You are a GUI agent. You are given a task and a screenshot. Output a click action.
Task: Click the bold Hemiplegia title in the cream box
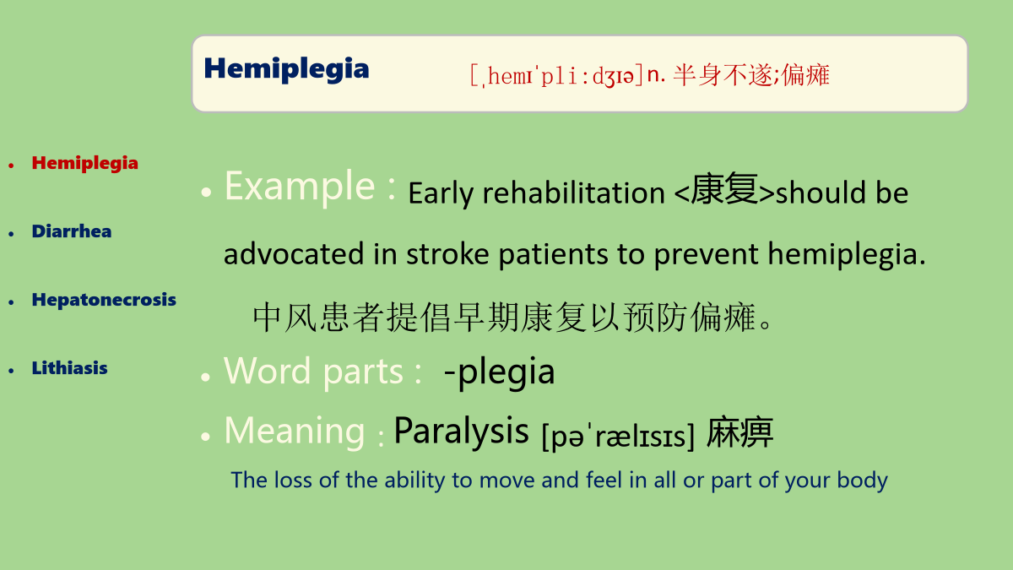pos(286,69)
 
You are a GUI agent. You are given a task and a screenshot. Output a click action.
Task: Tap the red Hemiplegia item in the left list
pos(84,164)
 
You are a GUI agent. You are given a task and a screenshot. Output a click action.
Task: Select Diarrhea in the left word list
pos(72,231)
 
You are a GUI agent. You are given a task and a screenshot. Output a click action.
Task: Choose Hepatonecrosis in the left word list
pos(104,300)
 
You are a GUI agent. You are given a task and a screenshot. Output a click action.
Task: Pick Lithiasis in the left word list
pos(69,368)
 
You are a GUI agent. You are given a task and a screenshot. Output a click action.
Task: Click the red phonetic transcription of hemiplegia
pos(556,75)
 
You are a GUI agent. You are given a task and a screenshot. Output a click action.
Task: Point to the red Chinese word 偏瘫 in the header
pos(805,74)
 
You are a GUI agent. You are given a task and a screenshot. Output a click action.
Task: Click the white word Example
pos(300,187)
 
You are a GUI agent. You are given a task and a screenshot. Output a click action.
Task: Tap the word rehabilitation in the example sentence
pos(573,193)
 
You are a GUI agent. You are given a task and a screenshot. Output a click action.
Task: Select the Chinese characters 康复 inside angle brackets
pos(724,189)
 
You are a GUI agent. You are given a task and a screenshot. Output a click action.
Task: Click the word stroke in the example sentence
pos(447,254)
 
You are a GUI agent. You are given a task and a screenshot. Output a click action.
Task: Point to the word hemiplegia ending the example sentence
pos(842,255)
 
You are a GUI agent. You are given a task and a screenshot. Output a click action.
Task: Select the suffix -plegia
pos(499,372)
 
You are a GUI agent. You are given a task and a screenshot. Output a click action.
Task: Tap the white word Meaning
pos(295,432)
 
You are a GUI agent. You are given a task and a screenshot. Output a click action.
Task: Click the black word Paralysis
pos(461,431)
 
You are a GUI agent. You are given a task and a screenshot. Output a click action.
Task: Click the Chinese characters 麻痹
pos(739,432)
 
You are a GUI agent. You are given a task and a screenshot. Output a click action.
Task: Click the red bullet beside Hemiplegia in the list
pos(11,166)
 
